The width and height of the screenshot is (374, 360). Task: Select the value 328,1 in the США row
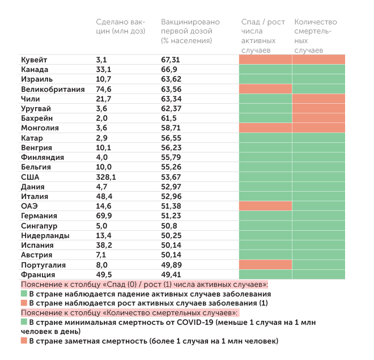pyautogui.click(x=106, y=177)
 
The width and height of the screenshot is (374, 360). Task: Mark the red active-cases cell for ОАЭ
pyautogui.click(x=265, y=206)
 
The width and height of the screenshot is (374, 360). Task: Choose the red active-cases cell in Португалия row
pyautogui.click(x=265, y=265)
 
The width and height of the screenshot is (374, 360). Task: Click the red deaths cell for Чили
pyautogui.click(x=318, y=99)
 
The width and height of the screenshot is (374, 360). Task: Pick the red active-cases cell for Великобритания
pyautogui.click(x=265, y=89)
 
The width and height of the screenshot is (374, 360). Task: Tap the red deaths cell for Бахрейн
pyautogui.click(x=318, y=118)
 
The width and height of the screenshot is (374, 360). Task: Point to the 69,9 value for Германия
pyautogui.click(x=104, y=216)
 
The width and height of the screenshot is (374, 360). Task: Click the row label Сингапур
pyautogui.click(x=40, y=226)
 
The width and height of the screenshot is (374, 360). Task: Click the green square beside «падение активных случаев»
pyautogui.click(x=24, y=294)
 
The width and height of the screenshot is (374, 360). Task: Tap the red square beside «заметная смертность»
pyautogui.click(x=24, y=341)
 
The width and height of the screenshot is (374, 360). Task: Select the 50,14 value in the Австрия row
pyautogui.click(x=171, y=255)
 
